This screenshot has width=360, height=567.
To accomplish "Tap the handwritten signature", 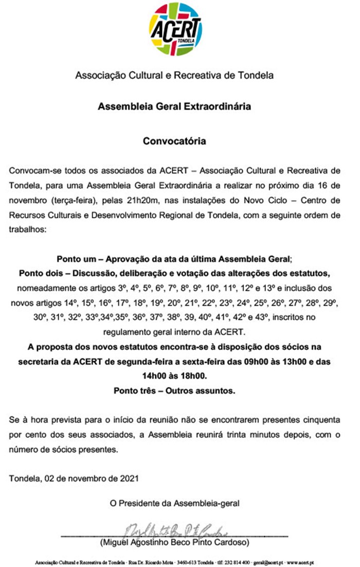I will click(175, 530).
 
